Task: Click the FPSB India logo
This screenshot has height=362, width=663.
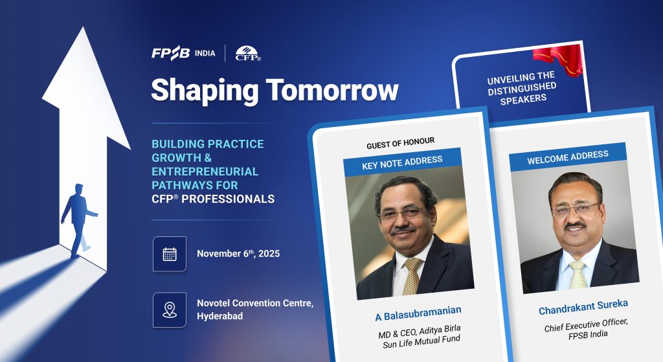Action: [x=183, y=53]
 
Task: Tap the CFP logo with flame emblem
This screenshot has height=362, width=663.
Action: [x=248, y=53]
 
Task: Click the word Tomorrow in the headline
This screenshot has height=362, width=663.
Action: [x=332, y=89]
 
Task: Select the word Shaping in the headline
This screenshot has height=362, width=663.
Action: [x=205, y=91]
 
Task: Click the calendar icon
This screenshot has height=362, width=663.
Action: [x=170, y=254]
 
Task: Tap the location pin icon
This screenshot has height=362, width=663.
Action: [x=170, y=310]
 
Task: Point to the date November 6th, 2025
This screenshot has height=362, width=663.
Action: [x=238, y=253]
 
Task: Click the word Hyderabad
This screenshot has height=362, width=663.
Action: [x=220, y=316]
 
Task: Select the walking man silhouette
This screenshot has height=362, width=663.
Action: [x=78, y=220]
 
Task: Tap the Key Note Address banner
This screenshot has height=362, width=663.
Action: [x=402, y=162]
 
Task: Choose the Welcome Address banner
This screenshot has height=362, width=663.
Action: [x=567, y=157]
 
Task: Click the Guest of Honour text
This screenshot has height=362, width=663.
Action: [x=400, y=143]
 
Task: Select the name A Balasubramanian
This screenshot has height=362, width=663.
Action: [x=418, y=313]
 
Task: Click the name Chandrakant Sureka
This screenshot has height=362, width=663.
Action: [x=583, y=308]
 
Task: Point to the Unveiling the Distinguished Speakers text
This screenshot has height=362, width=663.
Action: [x=523, y=88]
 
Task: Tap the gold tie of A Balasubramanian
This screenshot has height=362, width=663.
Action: [x=411, y=276]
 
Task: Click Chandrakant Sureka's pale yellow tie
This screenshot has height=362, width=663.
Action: [x=577, y=275]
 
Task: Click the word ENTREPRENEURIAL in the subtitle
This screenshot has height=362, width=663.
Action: [x=205, y=171]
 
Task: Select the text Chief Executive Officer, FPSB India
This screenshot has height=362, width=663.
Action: [x=587, y=329]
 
